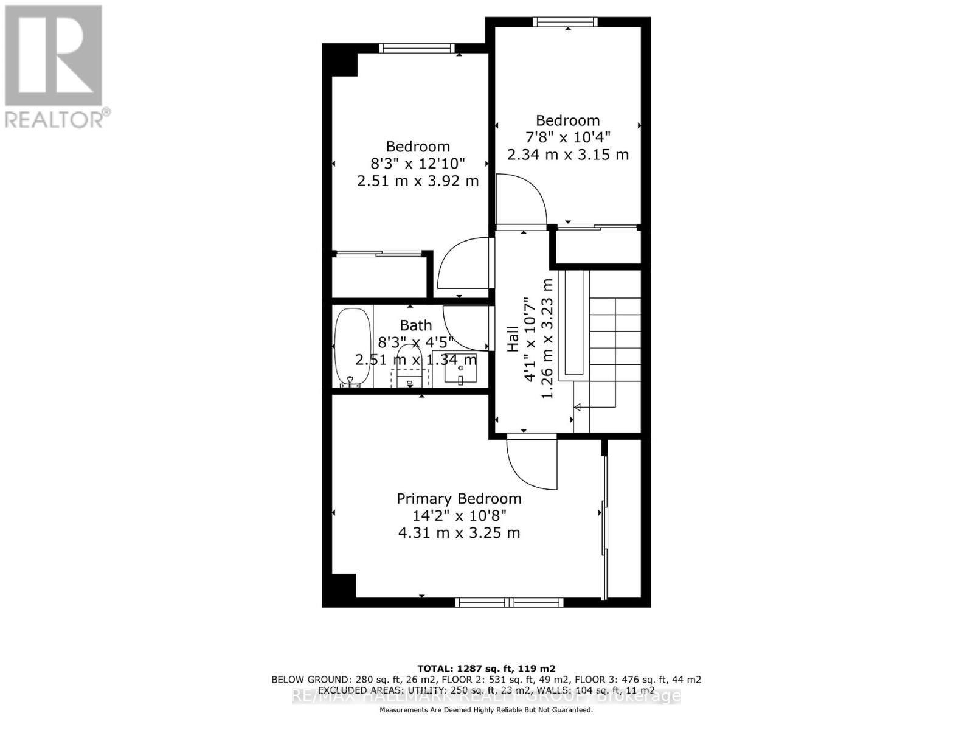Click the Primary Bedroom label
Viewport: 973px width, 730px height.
click(x=459, y=499)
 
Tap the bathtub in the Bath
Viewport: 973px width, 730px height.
click(x=352, y=347)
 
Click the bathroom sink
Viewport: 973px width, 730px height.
click(x=460, y=368)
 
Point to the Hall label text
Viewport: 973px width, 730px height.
click(x=513, y=339)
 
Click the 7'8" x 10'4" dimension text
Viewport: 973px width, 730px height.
click(x=567, y=137)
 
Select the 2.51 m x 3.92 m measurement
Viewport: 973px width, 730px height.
click(x=418, y=181)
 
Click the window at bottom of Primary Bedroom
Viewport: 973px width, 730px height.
click(x=510, y=602)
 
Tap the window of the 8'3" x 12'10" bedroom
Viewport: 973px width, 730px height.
click(x=417, y=48)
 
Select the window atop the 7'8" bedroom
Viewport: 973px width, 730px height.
click(x=564, y=22)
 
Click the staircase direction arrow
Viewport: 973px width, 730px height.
click(x=578, y=407)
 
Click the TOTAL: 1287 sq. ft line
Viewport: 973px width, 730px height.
click(x=486, y=668)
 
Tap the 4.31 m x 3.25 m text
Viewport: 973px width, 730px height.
click(x=459, y=533)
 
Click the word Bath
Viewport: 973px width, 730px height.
click(x=416, y=325)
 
